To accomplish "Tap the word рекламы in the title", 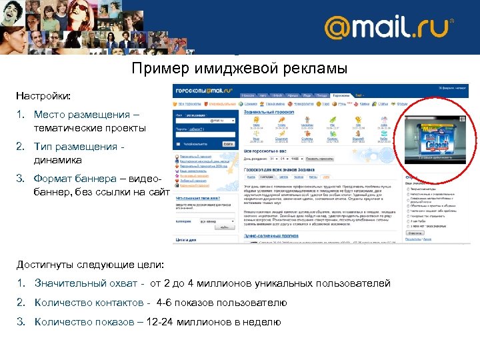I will pyautogui.click(x=316, y=68).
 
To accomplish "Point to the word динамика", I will pyautogui.click(x=59, y=160).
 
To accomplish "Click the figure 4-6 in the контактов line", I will pyautogui.click(x=165, y=303).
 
